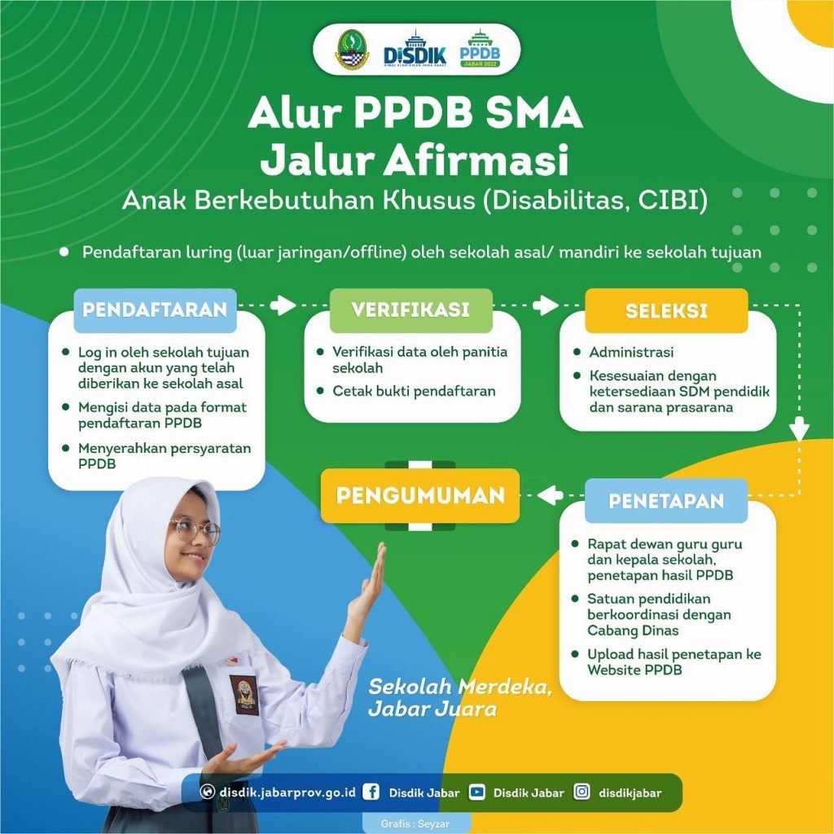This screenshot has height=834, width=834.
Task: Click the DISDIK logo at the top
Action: click(x=415, y=49)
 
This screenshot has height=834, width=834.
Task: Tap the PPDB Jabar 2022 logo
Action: click(x=480, y=48)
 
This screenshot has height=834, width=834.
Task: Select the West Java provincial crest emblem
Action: click(x=352, y=50)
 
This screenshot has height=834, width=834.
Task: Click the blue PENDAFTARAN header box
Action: click(x=155, y=309)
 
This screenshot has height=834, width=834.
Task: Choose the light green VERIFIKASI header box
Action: click(x=410, y=309)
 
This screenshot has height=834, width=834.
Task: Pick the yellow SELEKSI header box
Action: click(x=666, y=310)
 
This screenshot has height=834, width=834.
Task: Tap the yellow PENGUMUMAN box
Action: click(x=420, y=495)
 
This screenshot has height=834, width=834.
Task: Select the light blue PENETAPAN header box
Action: click(x=666, y=501)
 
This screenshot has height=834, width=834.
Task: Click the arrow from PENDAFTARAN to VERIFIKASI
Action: click(x=283, y=305)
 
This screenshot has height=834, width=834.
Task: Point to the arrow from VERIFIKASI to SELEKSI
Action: click(x=545, y=305)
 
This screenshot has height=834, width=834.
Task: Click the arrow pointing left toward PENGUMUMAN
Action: click(x=551, y=495)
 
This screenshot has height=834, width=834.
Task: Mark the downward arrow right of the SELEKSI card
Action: click(x=799, y=428)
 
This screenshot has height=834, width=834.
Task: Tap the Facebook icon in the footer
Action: click(x=371, y=792)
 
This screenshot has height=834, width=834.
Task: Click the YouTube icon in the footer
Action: click(x=476, y=792)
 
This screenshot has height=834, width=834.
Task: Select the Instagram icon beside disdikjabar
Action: click(x=582, y=792)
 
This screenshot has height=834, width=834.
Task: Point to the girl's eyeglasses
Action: click(x=195, y=529)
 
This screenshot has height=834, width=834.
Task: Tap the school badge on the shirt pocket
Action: click(x=244, y=696)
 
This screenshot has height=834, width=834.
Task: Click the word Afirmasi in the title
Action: click(x=476, y=160)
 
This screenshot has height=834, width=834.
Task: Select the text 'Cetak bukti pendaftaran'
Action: click(x=414, y=392)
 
